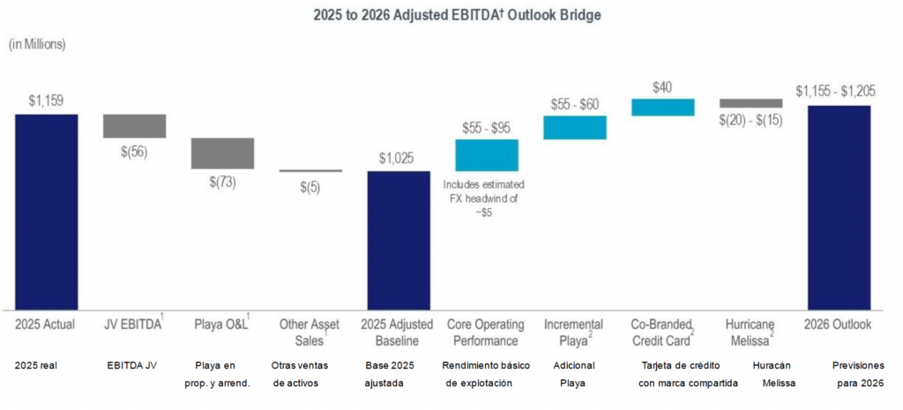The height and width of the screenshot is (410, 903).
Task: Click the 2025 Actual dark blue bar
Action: pyautogui.click(x=46, y=212)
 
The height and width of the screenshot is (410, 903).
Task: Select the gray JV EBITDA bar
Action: pyautogui.click(x=134, y=125)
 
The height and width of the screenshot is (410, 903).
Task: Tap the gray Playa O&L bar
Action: pyautogui.click(x=222, y=153)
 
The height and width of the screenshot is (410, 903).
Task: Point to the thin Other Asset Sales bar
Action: pyautogui.click(x=310, y=170)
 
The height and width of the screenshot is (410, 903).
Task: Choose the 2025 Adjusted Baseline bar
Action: pyautogui.click(x=399, y=240)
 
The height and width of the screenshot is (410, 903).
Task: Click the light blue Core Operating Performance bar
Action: pyautogui.click(x=486, y=154)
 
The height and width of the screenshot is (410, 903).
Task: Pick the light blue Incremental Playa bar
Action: pyautogui.click(x=574, y=127)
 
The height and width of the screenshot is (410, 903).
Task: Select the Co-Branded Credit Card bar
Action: pyautogui.click(x=662, y=107)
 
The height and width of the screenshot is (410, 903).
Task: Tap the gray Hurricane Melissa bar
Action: pyautogui.click(x=750, y=102)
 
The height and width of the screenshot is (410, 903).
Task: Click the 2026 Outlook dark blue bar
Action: pyautogui.click(x=839, y=207)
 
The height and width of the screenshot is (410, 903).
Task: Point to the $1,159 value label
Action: pyautogui.click(x=46, y=101)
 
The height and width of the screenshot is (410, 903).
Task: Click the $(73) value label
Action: pyautogui.click(x=222, y=182)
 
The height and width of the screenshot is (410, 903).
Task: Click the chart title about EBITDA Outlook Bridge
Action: pyautogui.click(x=451, y=15)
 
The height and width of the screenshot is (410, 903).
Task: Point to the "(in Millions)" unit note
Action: pyautogui.click(x=37, y=43)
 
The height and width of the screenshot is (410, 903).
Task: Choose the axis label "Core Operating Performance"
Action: pyautogui.click(x=486, y=332)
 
